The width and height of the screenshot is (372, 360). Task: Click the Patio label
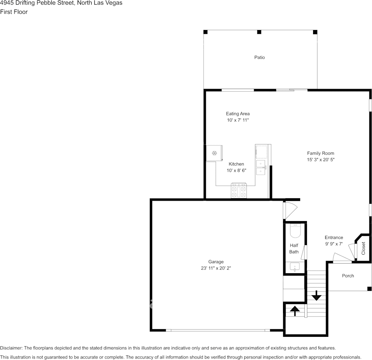(x=259, y=57)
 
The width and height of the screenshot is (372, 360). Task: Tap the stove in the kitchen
(x=239, y=190)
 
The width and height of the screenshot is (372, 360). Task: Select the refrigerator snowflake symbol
(x=215, y=153)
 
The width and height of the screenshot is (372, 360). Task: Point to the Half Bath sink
(x=295, y=267)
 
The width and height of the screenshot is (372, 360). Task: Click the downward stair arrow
(x=316, y=295)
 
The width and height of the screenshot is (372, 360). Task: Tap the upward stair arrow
(x=295, y=311)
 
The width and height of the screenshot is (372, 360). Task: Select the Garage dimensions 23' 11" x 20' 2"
(x=216, y=268)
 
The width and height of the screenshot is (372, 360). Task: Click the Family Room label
(x=321, y=153)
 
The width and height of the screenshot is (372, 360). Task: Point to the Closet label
(x=363, y=248)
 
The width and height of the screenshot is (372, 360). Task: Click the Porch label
(x=348, y=276)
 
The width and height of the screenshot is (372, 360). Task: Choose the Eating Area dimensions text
(x=238, y=120)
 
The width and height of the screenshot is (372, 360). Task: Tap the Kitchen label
(x=236, y=164)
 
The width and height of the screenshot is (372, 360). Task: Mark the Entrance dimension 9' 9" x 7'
(x=334, y=244)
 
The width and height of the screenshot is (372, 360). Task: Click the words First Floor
(x=14, y=12)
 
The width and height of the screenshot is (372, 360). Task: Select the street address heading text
(x=61, y=3)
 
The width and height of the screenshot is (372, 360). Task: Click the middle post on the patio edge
(x=259, y=32)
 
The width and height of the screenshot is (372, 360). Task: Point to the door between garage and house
(x=290, y=210)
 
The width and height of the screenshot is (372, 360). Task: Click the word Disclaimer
(x=11, y=348)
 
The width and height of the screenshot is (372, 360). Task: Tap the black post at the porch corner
(x=369, y=288)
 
